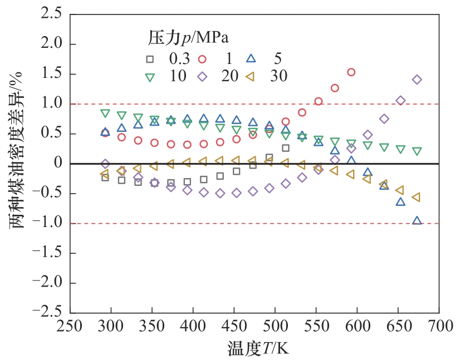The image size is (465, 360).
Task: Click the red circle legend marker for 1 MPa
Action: (x=203, y=58)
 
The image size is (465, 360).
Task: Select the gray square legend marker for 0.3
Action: (x=149, y=58)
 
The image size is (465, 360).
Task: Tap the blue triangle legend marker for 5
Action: (x=251, y=57)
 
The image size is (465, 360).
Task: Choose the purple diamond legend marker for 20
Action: (x=203, y=77)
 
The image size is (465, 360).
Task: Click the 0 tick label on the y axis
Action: (x=54, y=164)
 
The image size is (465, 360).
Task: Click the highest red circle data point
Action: (x=351, y=72)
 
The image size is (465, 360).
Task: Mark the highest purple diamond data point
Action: (x=417, y=80)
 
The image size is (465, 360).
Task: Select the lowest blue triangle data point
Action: (x=417, y=220)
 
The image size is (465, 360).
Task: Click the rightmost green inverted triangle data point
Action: (x=417, y=151)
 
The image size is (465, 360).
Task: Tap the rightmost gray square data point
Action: (x=286, y=148)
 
